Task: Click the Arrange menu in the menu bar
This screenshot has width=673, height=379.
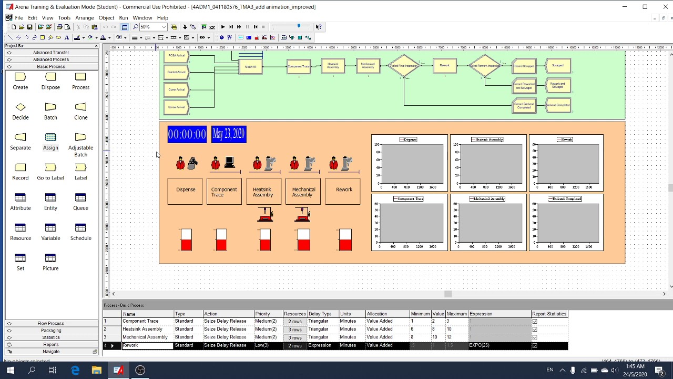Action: tap(84, 18)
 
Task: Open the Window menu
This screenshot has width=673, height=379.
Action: tap(142, 18)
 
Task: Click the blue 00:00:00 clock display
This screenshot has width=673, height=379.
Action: tap(187, 134)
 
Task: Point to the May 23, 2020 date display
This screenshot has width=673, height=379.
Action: tap(229, 134)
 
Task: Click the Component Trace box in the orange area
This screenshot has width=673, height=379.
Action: tap(224, 192)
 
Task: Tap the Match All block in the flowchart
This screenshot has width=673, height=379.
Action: tap(250, 66)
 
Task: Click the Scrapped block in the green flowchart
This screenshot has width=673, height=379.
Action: tap(558, 66)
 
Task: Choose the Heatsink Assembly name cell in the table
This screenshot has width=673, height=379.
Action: tap(142, 329)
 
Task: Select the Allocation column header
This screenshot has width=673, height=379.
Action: tap(377, 314)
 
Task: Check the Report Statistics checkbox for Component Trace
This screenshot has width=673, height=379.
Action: tap(535, 321)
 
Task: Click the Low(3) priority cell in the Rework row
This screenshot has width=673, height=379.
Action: tap(262, 345)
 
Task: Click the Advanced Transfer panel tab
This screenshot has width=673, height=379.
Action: tap(51, 53)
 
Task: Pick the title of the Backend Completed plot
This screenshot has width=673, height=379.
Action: tap(566, 199)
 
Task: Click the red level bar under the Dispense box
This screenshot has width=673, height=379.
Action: tap(186, 244)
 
